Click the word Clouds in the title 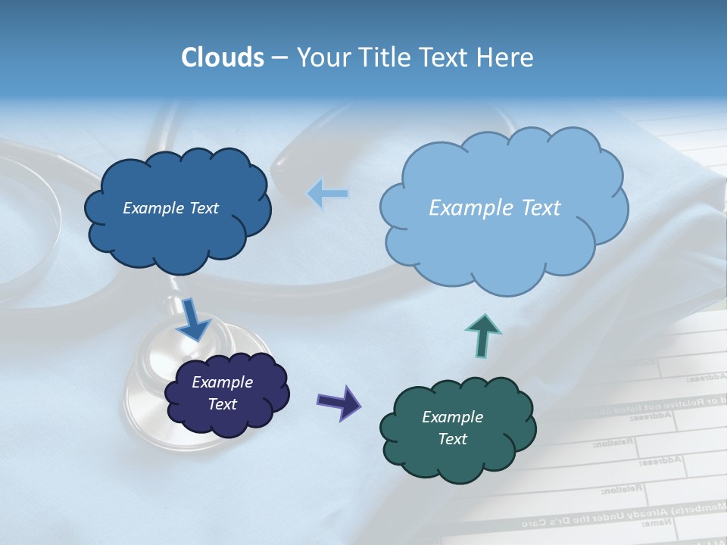pos(223,58)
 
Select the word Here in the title pos(505,58)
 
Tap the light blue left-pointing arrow pos(327,194)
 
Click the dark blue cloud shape pos(178,227)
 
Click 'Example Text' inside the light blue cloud pos(495,207)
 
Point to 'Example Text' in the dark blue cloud pos(170,208)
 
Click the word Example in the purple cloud pos(222,382)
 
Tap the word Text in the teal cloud pos(452,439)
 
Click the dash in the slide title pos(279,58)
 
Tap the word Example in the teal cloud pos(452,417)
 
